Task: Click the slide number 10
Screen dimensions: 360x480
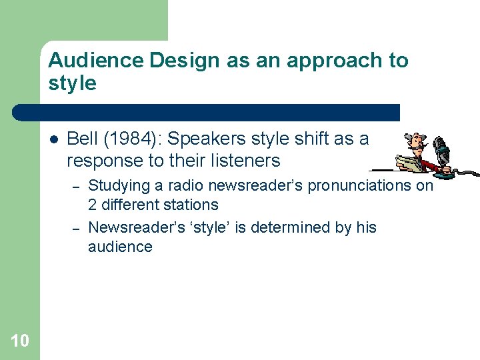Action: point(20,341)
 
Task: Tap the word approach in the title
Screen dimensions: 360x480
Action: point(336,61)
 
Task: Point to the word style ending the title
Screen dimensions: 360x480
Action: point(72,83)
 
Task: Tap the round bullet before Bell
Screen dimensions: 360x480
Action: point(55,139)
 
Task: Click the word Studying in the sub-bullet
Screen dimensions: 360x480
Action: point(118,186)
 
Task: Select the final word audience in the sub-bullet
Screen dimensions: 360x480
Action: point(120,247)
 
